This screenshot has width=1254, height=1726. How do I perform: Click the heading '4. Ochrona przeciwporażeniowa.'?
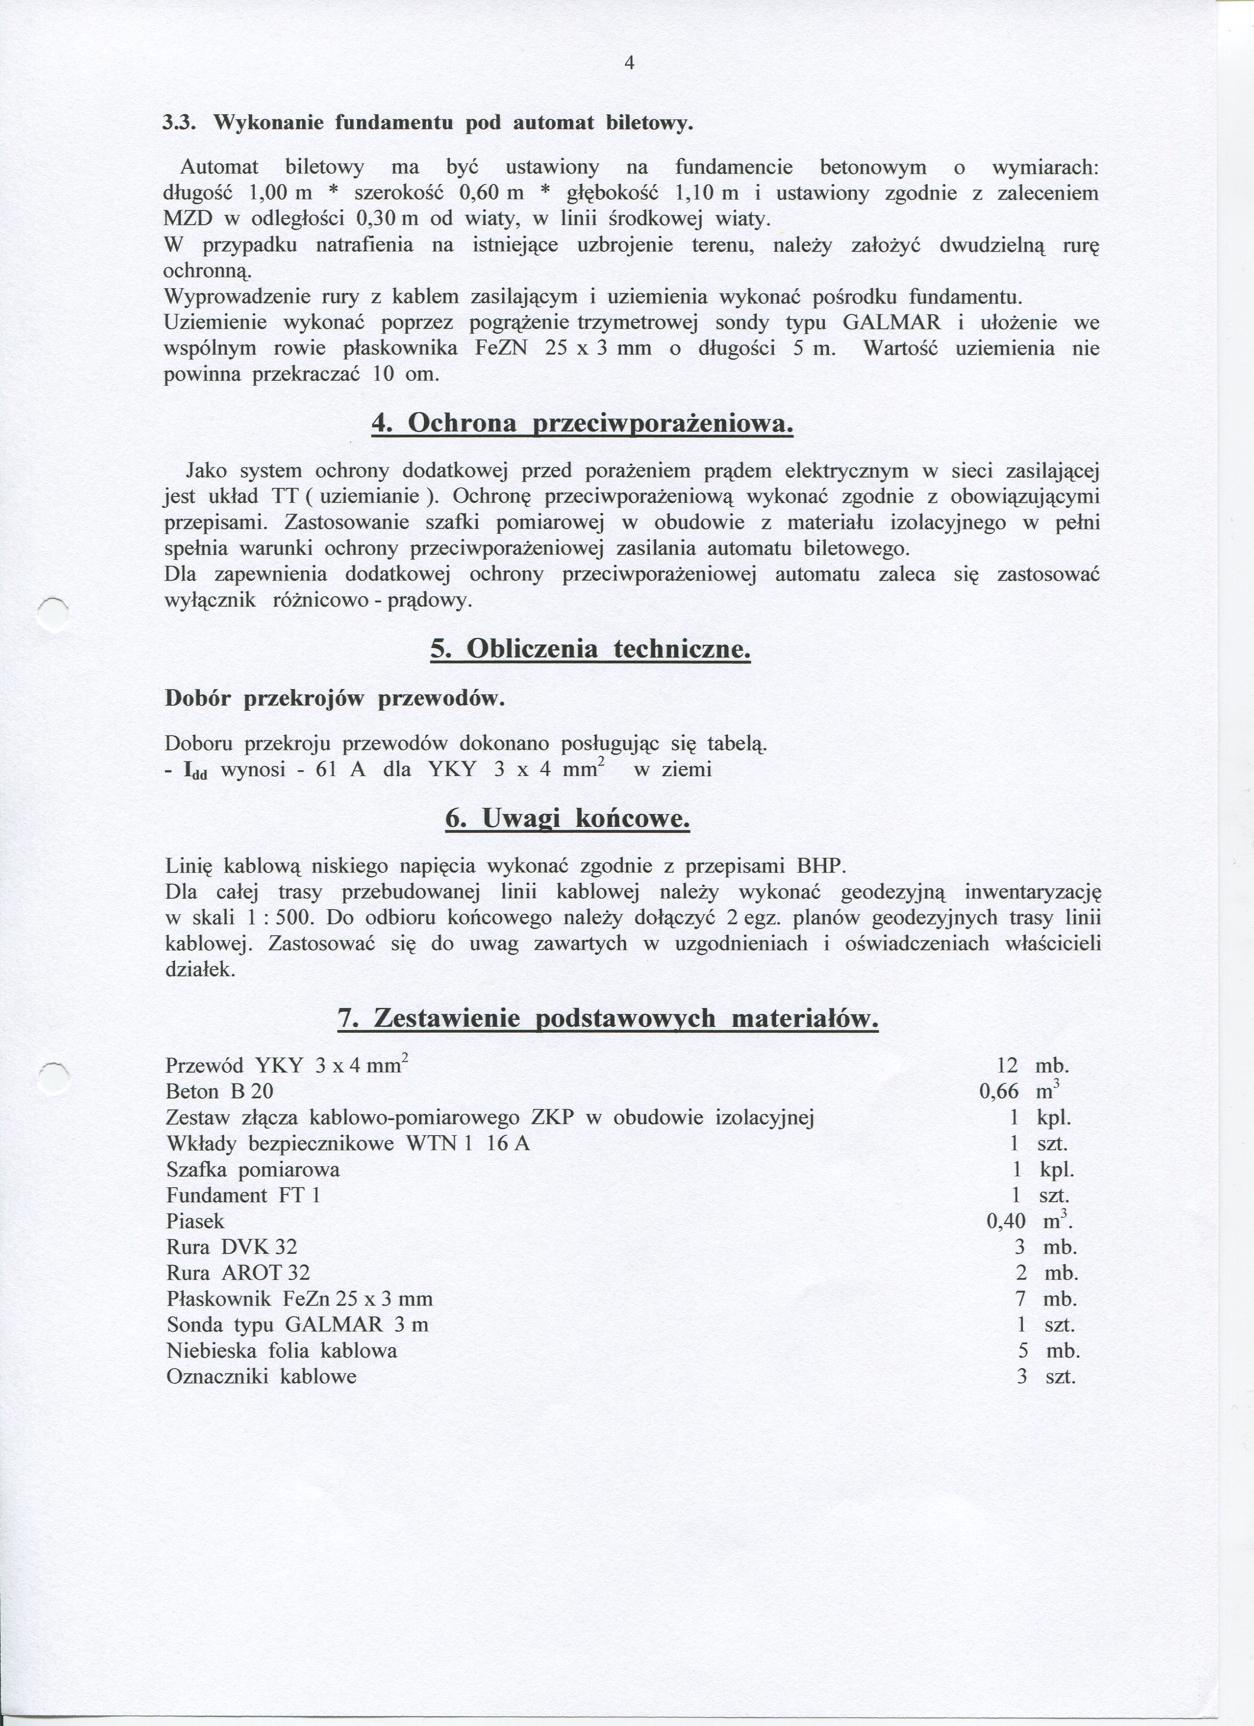[582, 423]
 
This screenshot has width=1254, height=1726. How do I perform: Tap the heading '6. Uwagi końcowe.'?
[567, 819]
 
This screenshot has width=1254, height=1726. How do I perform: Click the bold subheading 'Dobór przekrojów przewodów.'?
[335, 698]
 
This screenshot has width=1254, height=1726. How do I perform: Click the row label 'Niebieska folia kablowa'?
[282, 1351]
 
